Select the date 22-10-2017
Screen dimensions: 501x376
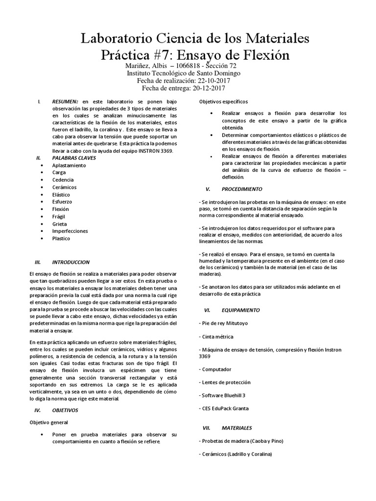point(214,80)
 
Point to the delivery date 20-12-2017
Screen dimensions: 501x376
point(211,88)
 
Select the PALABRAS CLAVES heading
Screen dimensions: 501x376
point(74,158)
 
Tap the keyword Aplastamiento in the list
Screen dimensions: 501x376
point(69,165)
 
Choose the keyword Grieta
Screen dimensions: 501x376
point(60,224)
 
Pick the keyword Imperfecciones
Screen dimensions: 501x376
point(70,231)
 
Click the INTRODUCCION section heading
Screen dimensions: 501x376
point(72,262)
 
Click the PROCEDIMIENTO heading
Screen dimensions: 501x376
point(241,189)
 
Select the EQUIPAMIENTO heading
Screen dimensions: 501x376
point(240,310)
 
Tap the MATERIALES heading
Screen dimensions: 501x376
point(236,428)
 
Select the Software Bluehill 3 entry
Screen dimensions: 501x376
point(222,395)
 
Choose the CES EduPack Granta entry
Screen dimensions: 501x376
point(224,408)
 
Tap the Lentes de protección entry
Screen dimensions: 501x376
point(224,382)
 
